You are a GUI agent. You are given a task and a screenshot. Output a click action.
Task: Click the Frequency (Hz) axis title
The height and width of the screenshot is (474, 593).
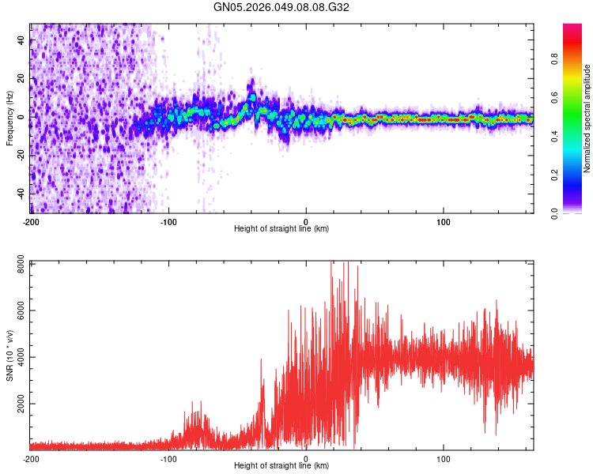tap(9, 118)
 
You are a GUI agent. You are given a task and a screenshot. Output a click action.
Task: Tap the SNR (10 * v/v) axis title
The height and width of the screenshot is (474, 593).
tap(9, 354)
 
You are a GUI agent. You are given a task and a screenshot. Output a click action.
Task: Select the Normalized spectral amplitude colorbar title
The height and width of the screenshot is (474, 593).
tap(587, 118)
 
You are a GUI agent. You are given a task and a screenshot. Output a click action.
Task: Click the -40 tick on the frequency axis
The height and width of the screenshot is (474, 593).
tap(21, 194)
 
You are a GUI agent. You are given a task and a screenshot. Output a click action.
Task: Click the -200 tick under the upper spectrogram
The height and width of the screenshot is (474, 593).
tap(31, 221)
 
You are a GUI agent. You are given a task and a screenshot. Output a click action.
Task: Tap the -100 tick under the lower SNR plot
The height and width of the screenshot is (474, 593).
tap(168, 458)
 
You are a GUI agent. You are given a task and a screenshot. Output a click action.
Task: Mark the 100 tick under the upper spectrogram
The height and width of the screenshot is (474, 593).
tap(444, 221)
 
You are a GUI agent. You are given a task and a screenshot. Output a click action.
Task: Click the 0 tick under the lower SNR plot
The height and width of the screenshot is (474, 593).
tap(306, 458)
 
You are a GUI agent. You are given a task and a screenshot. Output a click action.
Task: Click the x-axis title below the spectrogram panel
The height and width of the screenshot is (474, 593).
tap(281, 229)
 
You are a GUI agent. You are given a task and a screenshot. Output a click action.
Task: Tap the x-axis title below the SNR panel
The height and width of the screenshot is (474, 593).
tap(281, 466)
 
